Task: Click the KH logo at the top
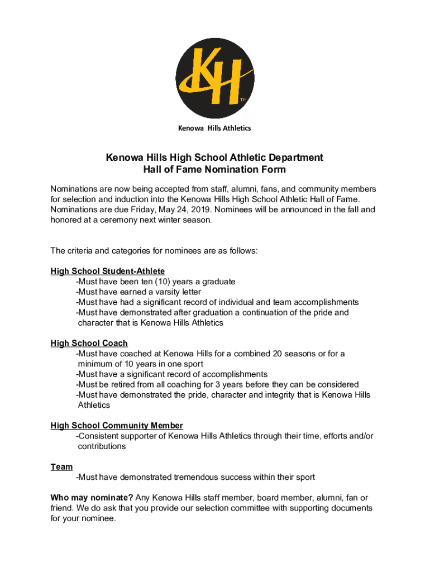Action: pyautogui.click(x=215, y=78)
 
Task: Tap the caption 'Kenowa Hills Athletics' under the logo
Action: pyautogui.click(x=214, y=128)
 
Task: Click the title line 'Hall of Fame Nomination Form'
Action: pyautogui.click(x=214, y=169)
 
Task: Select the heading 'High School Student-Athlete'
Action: pyautogui.click(x=107, y=271)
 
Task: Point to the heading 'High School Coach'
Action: pyautogui.click(x=89, y=343)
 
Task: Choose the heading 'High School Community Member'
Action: pyautogui.click(x=117, y=426)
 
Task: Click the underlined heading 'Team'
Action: pyautogui.click(x=61, y=466)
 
